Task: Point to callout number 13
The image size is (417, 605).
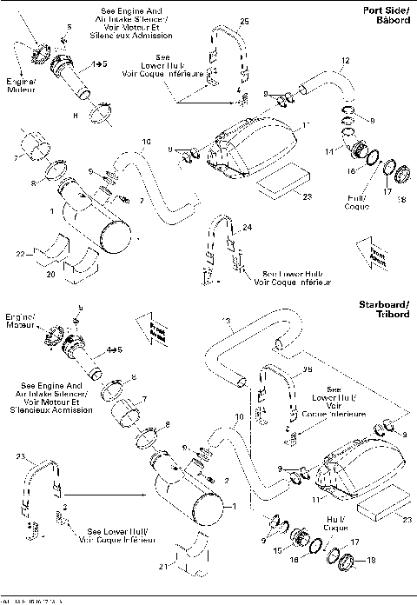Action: point(225,322)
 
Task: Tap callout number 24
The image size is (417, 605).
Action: point(248,228)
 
